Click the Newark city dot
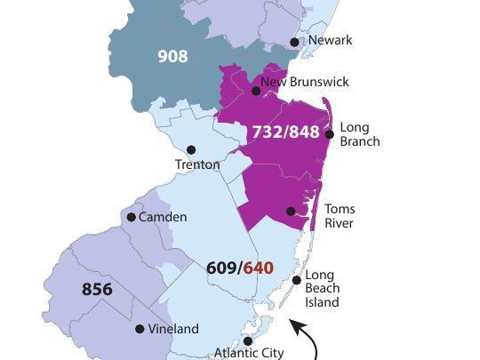pos(296,42)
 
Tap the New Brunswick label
pos(305,82)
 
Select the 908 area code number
pos(172,56)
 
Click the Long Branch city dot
pos(330,134)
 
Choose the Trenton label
pos(197,164)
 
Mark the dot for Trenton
pos(191,149)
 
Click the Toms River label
pos(339,216)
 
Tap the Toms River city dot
pos(291,212)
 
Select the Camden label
pos(163,217)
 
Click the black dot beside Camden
pos(132,217)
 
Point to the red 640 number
pos(259,268)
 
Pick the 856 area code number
pos(97,289)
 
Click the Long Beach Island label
pos(322,289)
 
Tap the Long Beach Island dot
pos(297,280)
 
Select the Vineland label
pos(173,329)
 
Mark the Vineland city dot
pos(140,329)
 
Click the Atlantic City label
pos(249,353)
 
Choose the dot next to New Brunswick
pos(256,91)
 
